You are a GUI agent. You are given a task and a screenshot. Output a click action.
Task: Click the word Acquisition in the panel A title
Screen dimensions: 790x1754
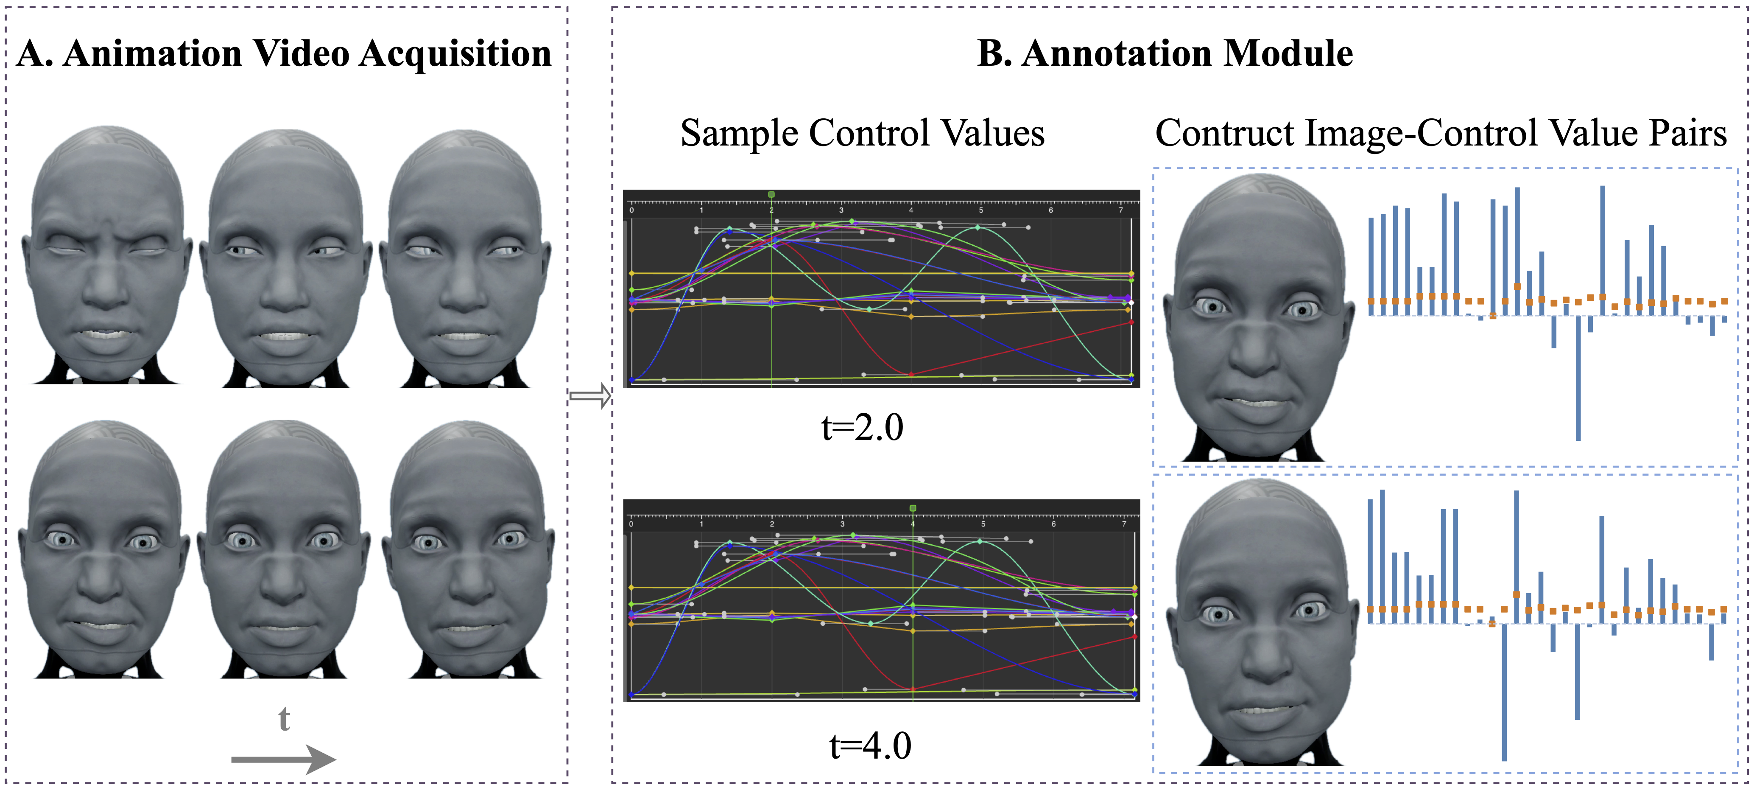tap(455, 54)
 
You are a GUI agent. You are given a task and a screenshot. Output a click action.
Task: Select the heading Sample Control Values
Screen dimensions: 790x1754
tap(862, 133)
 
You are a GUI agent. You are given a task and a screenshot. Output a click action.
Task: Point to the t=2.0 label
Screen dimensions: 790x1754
tap(862, 428)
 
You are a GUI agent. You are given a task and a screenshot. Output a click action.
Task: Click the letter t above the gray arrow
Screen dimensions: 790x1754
tap(284, 719)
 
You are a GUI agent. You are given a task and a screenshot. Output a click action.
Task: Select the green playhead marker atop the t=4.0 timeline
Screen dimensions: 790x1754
tap(913, 508)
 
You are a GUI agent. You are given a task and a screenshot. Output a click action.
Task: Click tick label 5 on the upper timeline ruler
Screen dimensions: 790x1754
tap(981, 210)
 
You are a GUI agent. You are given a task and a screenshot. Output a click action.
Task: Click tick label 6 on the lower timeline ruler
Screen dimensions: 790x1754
tap(1053, 524)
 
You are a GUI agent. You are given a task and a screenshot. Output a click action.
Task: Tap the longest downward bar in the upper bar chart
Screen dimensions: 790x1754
tap(1578, 378)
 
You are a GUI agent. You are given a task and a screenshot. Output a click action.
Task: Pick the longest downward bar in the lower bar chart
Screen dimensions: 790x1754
tap(1504, 691)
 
